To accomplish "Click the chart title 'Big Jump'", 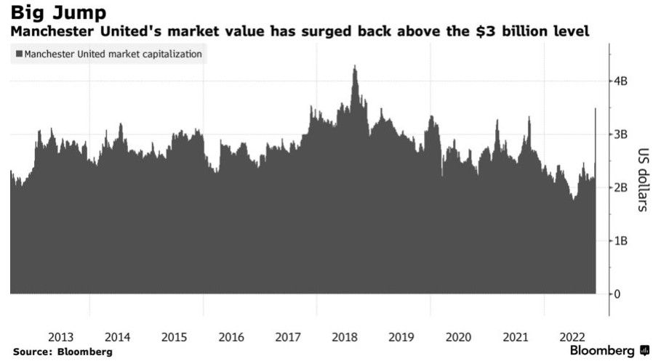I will click(x=58, y=12).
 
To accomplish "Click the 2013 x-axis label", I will click(x=60, y=337).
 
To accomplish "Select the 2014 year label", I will click(x=117, y=337).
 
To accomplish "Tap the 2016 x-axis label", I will click(x=231, y=337).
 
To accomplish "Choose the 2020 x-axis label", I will click(x=459, y=337).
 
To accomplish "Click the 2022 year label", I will click(x=573, y=337).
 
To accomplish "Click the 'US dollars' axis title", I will click(x=643, y=179).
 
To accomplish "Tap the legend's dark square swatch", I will click(x=19, y=54).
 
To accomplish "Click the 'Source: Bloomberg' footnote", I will click(x=63, y=352).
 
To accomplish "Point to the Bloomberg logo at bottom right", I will click(x=609, y=351).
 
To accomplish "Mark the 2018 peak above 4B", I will click(x=355, y=67).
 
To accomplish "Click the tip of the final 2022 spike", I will click(x=596, y=109).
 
